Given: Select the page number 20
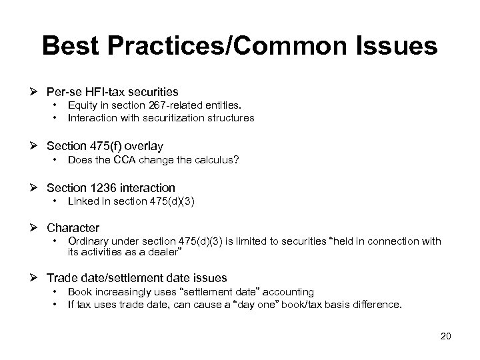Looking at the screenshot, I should pyautogui.click(x=445, y=335).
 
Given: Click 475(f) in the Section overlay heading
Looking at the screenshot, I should pyautogui.click(x=106, y=145).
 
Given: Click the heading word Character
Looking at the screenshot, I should pyautogui.click(x=73, y=228).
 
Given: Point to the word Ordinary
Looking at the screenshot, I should pyautogui.click(x=90, y=241).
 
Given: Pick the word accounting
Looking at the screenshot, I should pyautogui.click(x=289, y=292).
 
